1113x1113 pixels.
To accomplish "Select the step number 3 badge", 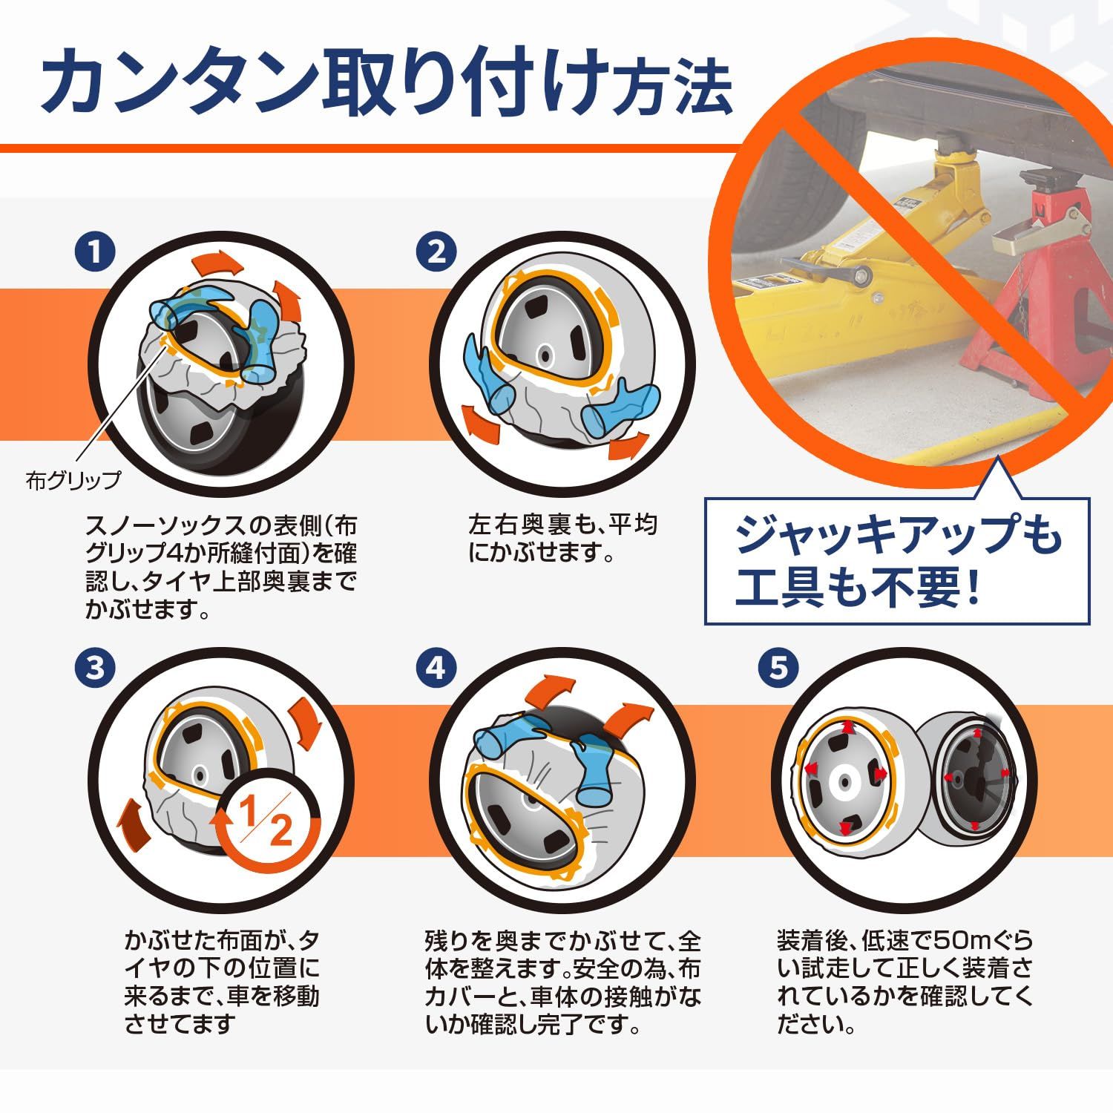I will tap(94, 668).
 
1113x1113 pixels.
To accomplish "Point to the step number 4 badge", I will tap(436, 668).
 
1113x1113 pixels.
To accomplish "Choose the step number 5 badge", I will tap(778, 668).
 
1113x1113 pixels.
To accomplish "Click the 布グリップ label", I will tap(73, 481).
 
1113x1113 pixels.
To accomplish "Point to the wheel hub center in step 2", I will tap(545, 356).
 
